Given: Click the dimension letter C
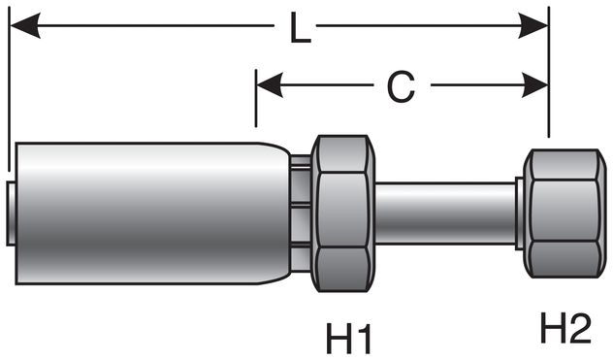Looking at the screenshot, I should pos(400,86).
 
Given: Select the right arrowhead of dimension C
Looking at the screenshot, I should pos(534,85).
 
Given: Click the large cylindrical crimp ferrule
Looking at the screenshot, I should pos(145,212).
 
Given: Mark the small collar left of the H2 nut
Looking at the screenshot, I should pos(521,212).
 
